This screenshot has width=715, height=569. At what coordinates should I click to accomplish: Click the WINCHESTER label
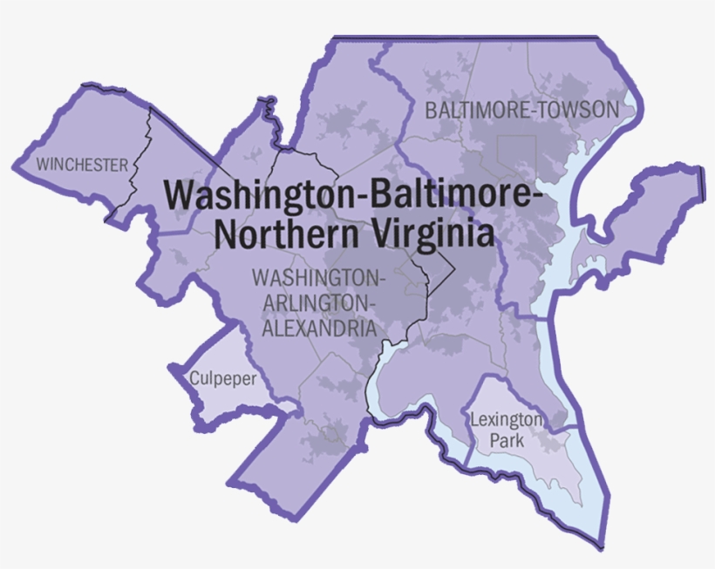tap(82, 164)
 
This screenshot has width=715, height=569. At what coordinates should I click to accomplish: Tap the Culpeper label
tap(222, 379)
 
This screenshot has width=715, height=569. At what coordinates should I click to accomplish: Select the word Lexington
tap(506, 420)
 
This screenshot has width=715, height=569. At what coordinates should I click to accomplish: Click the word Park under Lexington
tap(507, 441)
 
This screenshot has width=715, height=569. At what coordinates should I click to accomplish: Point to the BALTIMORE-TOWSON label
tap(521, 111)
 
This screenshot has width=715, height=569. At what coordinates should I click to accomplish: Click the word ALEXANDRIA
tap(315, 329)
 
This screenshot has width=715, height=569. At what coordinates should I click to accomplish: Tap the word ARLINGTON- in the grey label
tap(317, 303)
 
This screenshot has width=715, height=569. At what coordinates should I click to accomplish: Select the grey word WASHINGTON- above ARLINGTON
tap(317, 278)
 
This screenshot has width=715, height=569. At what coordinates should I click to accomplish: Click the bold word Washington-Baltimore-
tap(353, 193)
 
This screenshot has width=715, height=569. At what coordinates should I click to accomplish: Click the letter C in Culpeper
tap(194, 379)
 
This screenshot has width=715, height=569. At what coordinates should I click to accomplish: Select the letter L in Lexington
tap(473, 420)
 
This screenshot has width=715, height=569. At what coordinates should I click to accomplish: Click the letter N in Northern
tap(226, 233)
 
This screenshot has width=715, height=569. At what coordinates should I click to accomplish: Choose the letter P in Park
tap(494, 441)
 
